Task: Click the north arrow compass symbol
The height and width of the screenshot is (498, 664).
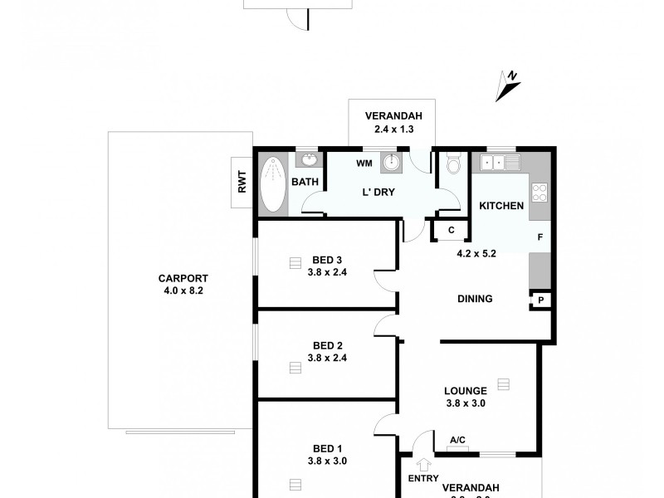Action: point(507,84)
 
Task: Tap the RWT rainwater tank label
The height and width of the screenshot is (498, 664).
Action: point(242,182)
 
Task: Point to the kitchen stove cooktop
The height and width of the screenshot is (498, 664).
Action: point(539,193)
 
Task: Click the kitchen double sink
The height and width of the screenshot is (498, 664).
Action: point(496,162)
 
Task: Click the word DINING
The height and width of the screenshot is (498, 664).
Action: point(475,299)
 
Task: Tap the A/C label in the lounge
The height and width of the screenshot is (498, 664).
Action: point(456,441)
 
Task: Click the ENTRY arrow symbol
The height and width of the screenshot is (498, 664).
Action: point(423,465)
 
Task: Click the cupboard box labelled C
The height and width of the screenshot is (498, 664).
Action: point(451,230)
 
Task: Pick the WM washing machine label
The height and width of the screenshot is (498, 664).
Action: point(364,163)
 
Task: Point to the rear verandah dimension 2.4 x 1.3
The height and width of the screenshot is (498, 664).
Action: point(389,129)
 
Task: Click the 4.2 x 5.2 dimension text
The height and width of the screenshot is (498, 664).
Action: point(476,254)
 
